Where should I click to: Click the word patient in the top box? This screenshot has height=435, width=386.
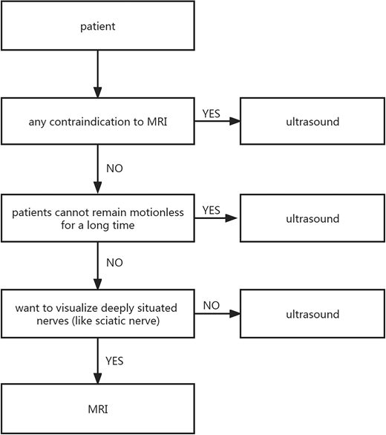pyautogui.click(x=98, y=27)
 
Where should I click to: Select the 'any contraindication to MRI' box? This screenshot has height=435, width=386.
pyautogui.click(x=98, y=121)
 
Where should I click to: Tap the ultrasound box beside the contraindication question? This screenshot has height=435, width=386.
pyautogui.click(x=313, y=121)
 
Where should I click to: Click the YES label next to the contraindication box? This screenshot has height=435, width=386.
pyautogui.click(x=211, y=114)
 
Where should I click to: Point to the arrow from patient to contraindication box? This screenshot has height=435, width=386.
pyautogui.click(x=98, y=73)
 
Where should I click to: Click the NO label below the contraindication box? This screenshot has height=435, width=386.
pyautogui.click(x=114, y=169)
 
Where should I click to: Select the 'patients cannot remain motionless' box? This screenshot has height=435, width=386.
pyautogui.click(x=98, y=218)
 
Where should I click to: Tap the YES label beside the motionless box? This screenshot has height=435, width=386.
pyautogui.click(x=211, y=210)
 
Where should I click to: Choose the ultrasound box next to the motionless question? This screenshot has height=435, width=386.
pyautogui.click(x=313, y=218)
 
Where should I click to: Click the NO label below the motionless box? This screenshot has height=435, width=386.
pyautogui.click(x=114, y=263)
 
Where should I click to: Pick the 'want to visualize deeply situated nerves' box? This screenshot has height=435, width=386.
pyautogui.click(x=98, y=314)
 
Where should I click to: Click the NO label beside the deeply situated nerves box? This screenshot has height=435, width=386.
pyautogui.click(x=211, y=305)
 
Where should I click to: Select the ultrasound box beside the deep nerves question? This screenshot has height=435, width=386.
pyautogui.click(x=313, y=314)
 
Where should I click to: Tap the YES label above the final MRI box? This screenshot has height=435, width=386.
pyautogui.click(x=114, y=361)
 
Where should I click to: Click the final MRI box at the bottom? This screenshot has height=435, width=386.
pyautogui.click(x=98, y=409)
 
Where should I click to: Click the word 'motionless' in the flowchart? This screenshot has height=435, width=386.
pyautogui.click(x=157, y=212)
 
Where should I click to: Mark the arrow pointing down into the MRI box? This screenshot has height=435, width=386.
pyautogui.click(x=98, y=361)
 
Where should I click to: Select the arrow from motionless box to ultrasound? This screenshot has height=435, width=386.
pyautogui.click(x=216, y=218)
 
